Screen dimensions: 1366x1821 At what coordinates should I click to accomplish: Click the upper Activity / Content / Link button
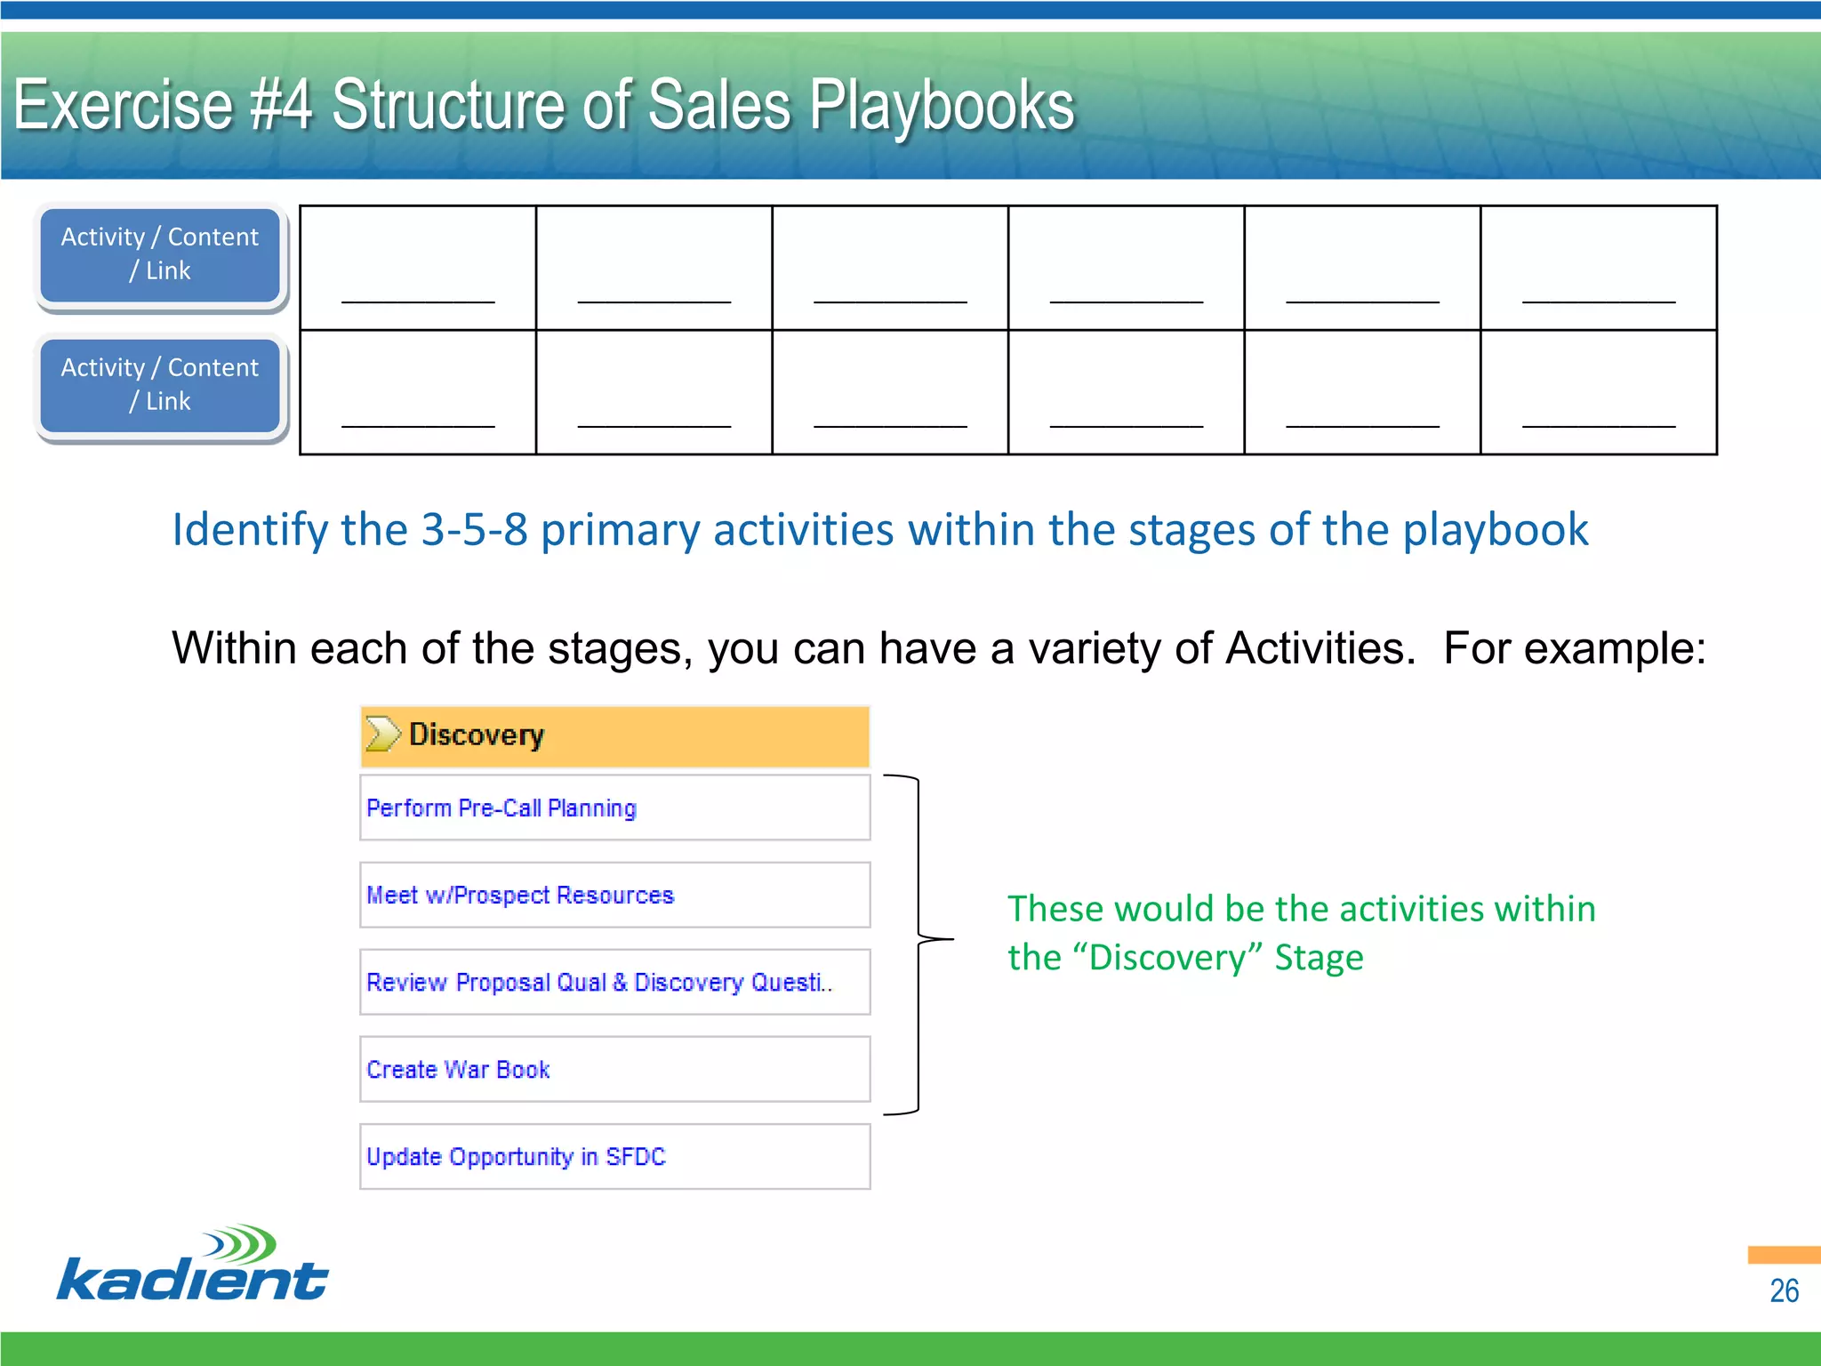pyautogui.click(x=160, y=254)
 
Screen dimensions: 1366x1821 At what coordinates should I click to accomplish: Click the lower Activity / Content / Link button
pyautogui.click(x=160, y=385)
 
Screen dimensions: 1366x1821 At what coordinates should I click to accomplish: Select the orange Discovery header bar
pyautogui.click(x=614, y=736)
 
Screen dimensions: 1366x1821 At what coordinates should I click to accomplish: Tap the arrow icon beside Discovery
pyautogui.click(x=382, y=735)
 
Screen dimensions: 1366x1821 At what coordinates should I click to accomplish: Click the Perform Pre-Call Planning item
pyautogui.click(x=614, y=808)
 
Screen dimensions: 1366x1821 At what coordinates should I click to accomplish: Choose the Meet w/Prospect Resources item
pyautogui.click(x=614, y=895)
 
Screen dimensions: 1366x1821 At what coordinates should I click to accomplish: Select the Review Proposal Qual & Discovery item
pyautogui.click(x=614, y=982)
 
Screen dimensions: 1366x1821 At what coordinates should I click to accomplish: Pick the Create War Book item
pyautogui.click(x=614, y=1069)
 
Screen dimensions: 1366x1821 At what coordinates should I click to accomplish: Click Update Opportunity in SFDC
pyautogui.click(x=614, y=1156)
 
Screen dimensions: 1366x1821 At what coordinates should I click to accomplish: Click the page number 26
pyautogui.click(x=1784, y=1290)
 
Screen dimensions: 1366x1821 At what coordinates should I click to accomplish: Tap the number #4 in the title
pyautogui.click(x=281, y=106)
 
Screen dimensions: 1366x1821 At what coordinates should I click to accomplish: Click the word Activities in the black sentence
pyautogui.click(x=1320, y=648)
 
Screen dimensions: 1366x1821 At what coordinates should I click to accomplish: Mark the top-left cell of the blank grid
pyautogui.click(x=418, y=268)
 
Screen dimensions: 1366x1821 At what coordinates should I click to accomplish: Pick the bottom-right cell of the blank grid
pyautogui.click(x=1598, y=392)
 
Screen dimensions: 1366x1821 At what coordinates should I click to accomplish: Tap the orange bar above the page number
pyautogui.click(x=1784, y=1255)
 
